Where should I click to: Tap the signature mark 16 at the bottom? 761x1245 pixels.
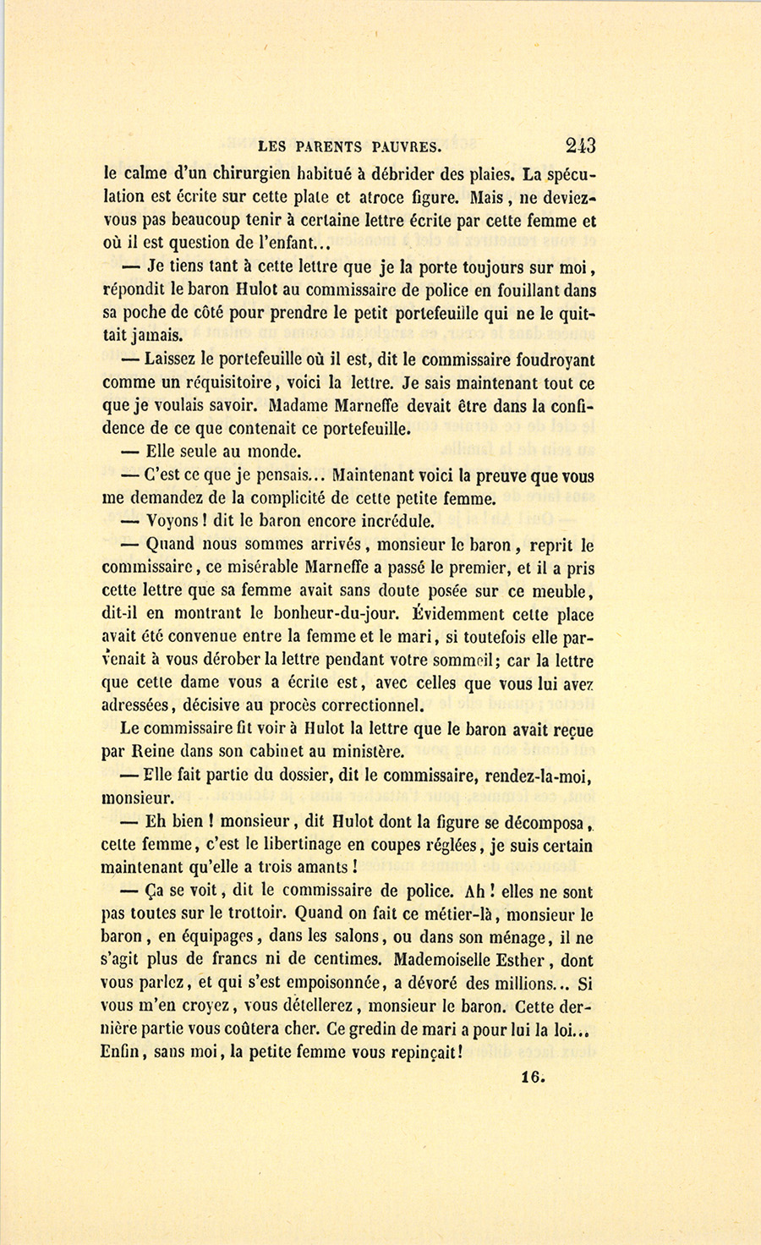534,1078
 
